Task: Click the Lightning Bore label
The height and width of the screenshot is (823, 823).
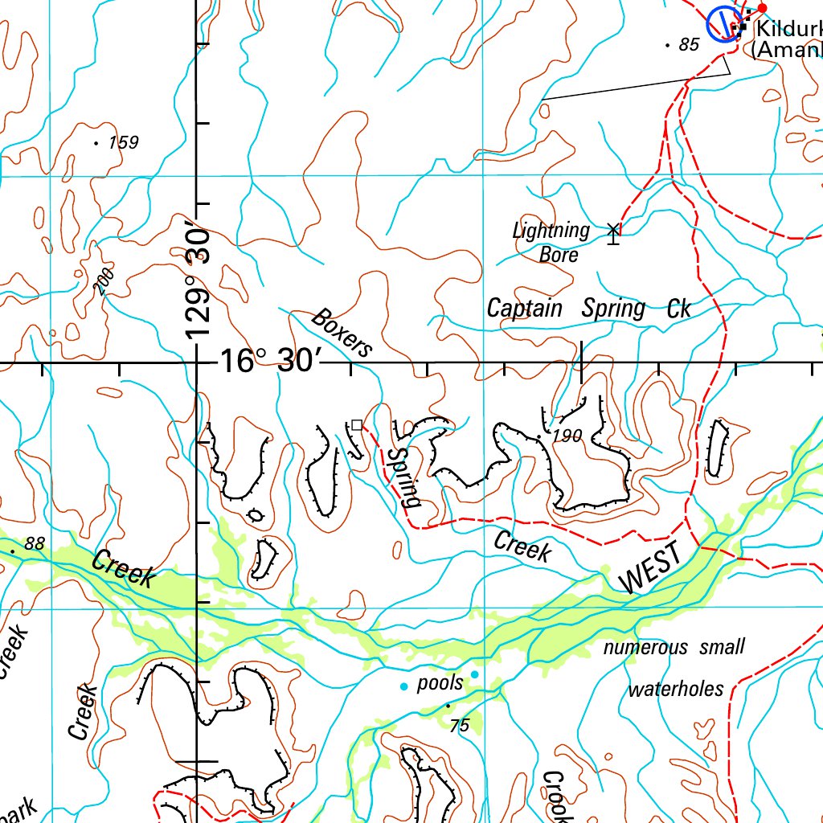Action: coord(552,242)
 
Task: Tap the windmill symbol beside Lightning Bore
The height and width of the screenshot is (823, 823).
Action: coord(614,233)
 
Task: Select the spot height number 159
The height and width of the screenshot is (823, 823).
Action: coord(123,143)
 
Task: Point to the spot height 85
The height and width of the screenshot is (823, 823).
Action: coord(689,45)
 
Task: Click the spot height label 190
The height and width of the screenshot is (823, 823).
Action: coord(567,436)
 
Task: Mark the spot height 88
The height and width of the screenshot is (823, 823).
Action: coord(34,544)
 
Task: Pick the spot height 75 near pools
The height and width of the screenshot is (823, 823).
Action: coord(459,726)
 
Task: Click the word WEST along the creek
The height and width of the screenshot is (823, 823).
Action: coord(651,568)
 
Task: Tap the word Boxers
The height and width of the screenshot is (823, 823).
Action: coord(342,332)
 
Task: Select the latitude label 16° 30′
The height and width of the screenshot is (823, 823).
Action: coord(271,362)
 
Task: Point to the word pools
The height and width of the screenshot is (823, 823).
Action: coord(440,683)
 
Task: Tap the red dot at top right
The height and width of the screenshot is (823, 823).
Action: coord(763,8)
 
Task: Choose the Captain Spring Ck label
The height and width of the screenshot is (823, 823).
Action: coord(588,309)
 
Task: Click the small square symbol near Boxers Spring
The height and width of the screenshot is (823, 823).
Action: coord(357,424)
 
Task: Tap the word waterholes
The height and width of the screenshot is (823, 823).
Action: coord(676,690)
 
